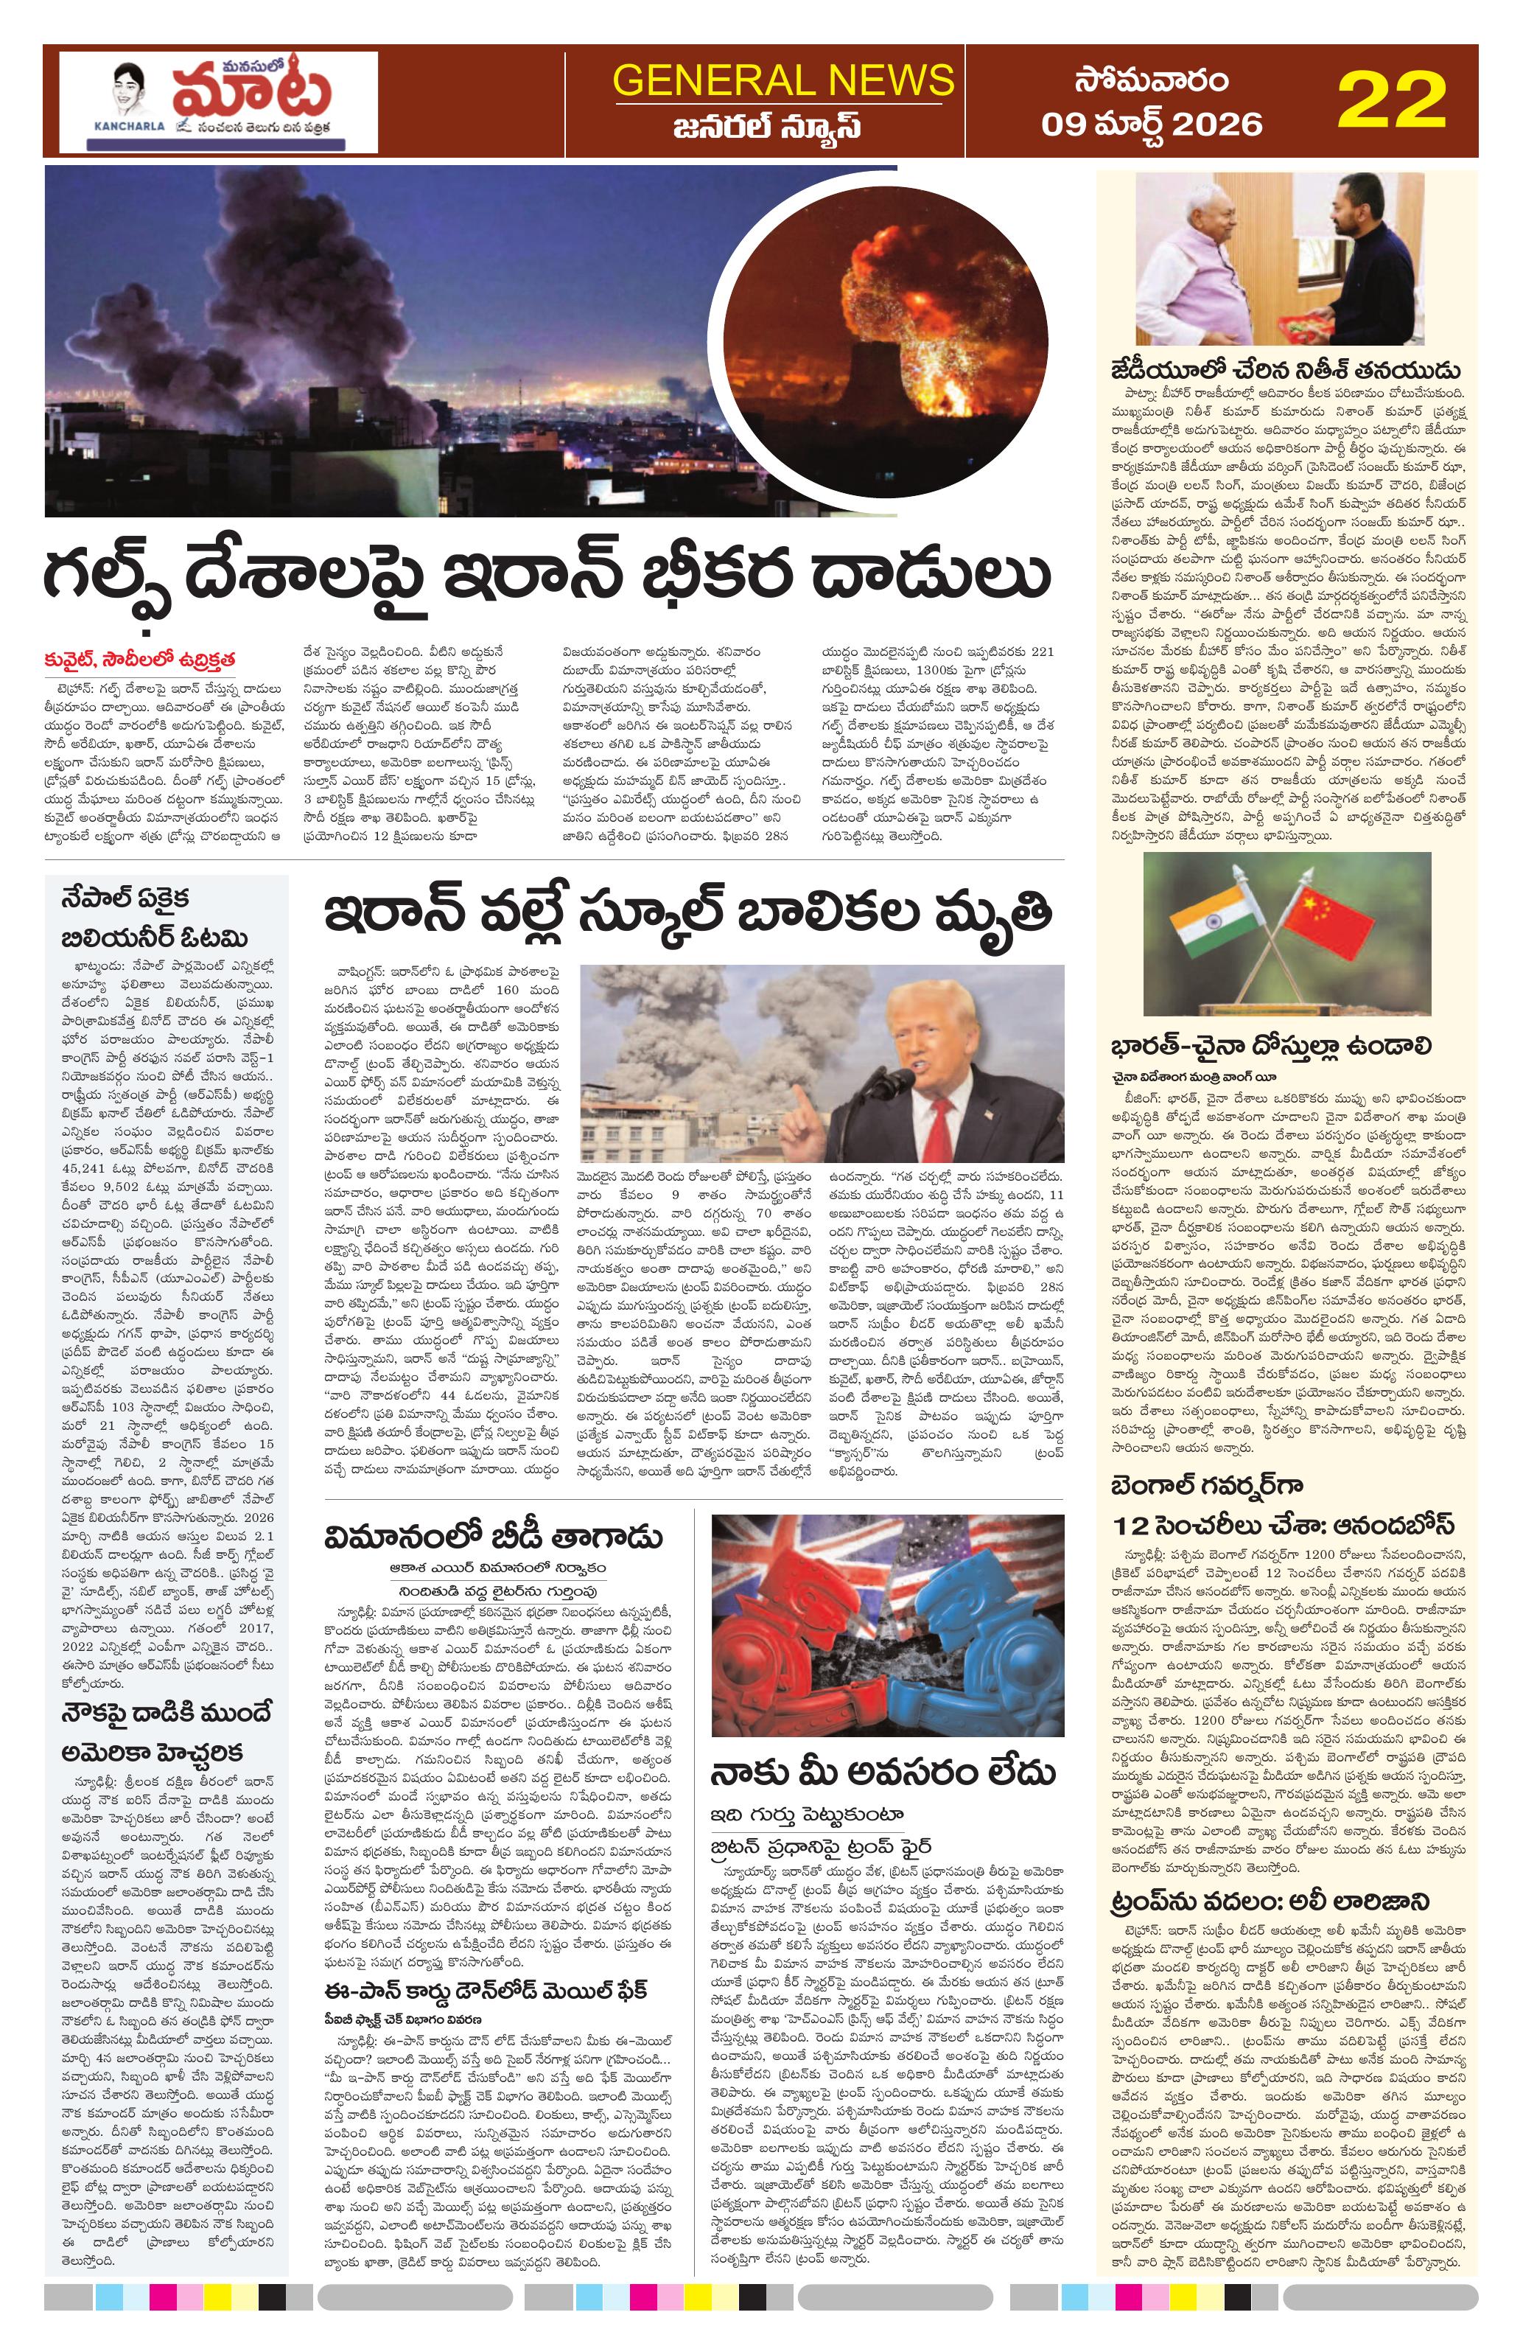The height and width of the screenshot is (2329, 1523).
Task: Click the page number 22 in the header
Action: pyautogui.click(x=1391, y=101)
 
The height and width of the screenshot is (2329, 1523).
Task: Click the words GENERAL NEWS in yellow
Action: pyautogui.click(x=782, y=80)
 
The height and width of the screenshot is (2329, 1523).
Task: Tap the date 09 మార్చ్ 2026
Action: pyautogui.click(x=1152, y=123)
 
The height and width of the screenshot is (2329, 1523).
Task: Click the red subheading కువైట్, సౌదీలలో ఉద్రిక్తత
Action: pyautogui.click(x=140, y=659)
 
